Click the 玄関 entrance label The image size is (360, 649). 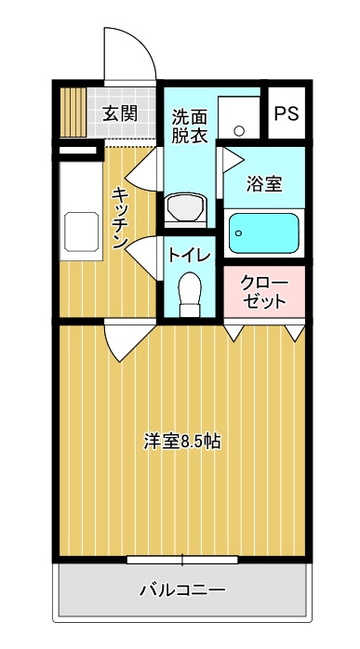tap(120, 113)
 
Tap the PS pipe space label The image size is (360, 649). tap(287, 113)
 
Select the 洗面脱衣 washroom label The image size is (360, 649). tap(190, 126)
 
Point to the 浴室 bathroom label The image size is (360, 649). tap(264, 184)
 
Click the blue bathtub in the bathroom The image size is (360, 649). tap(264, 233)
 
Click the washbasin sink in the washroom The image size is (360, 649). tap(186, 207)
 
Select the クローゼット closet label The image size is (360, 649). tap(264, 292)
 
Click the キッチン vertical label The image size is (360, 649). tap(121, 218)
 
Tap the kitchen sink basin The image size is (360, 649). tap(82, 232)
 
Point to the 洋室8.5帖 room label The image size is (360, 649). tap(182, 442)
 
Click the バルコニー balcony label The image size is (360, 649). tap(182, 589)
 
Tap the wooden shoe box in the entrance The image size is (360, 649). tap(73, 113)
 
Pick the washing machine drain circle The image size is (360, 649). tap(239, 130)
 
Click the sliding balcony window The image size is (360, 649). tap(182, 560)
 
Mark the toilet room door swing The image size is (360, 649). tap(140, 258)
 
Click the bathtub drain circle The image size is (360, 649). tap(238, 233)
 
